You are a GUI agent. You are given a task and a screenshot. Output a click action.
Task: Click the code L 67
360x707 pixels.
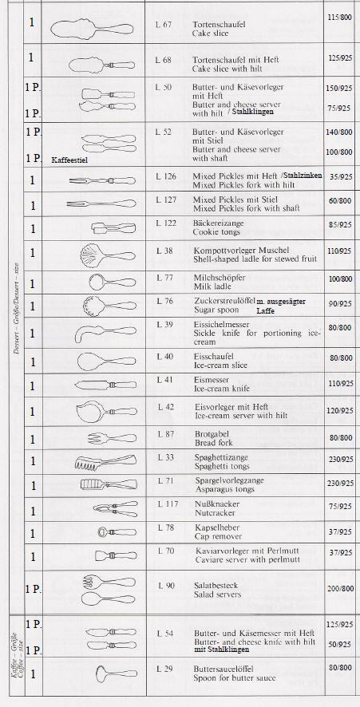pos(164,25)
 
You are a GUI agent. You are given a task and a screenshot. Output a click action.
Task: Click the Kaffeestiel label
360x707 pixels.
pos(69,160)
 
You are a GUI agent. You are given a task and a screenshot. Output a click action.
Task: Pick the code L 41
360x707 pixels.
pos(164,381)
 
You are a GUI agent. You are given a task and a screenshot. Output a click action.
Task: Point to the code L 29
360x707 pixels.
pos(164,666)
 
